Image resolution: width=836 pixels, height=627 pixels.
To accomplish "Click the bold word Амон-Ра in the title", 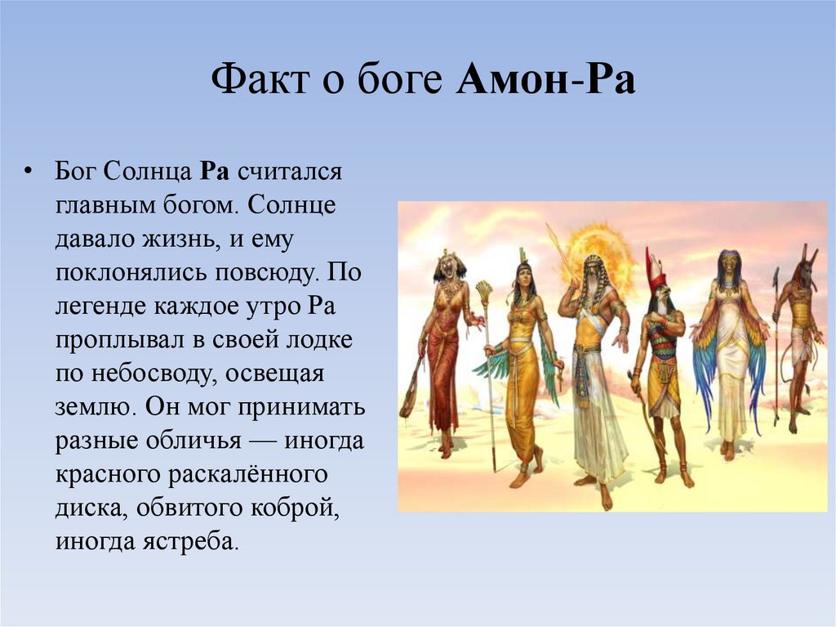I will (546, 82).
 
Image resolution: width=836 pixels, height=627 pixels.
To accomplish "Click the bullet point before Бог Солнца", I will (29, 173).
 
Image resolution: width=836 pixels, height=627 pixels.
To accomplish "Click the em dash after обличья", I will (264, 441).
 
